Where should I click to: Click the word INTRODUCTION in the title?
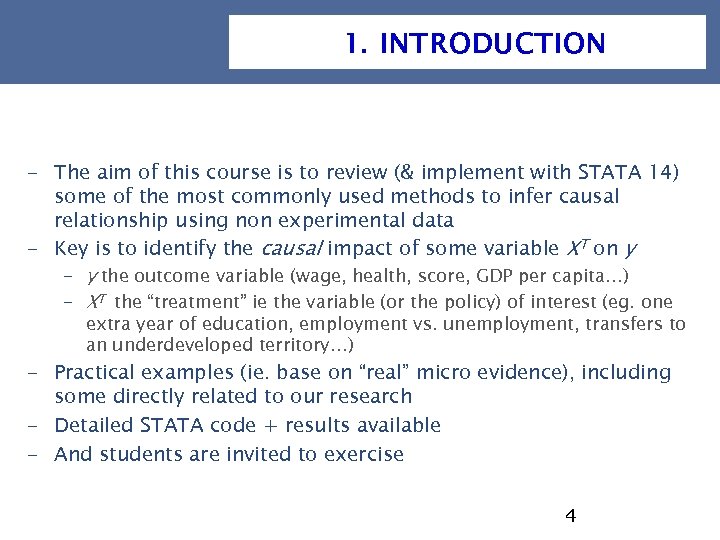point(492,44)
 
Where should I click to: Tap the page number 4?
point(570,516)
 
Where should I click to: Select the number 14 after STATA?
point(659,172)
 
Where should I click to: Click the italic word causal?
point(292,248)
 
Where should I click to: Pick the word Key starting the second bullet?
point(71,248)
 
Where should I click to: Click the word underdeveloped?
point(171,346)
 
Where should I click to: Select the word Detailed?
point(95,425)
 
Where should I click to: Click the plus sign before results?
point(270,426)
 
